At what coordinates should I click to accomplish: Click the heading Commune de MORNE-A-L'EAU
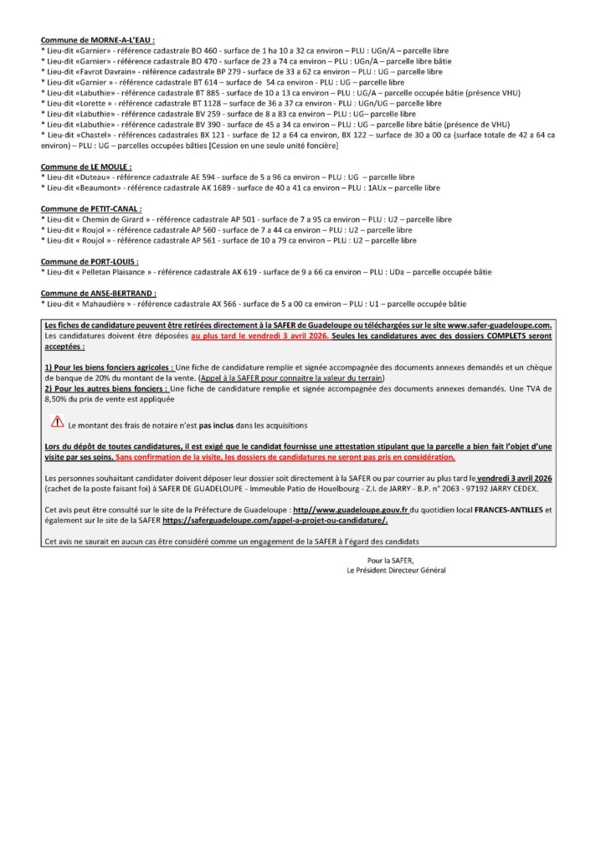98,39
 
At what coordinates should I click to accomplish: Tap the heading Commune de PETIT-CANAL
91,208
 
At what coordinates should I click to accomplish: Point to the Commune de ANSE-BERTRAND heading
99,293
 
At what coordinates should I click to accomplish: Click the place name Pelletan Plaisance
114,272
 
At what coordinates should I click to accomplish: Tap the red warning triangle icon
58,423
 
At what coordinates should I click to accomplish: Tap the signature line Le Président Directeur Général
396,570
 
